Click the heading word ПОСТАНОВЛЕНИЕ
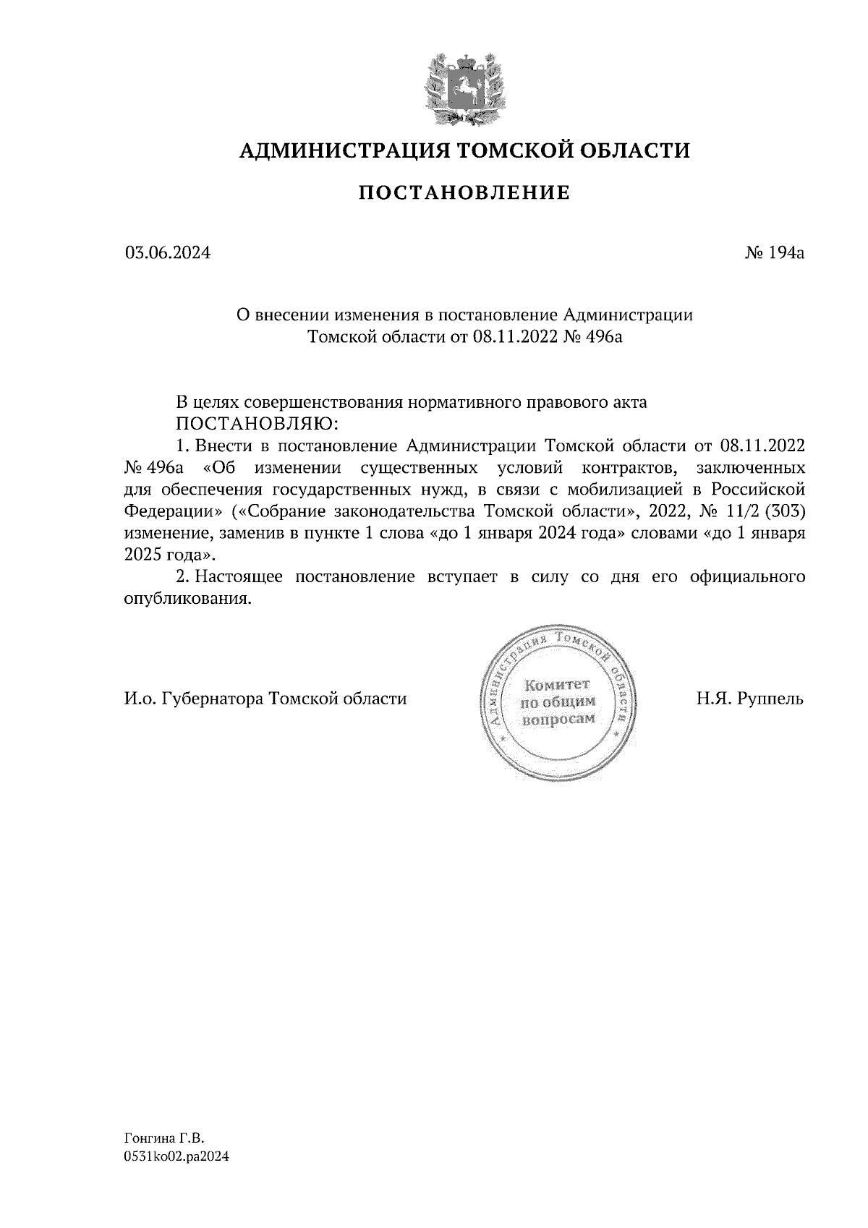point(465,193)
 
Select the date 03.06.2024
point(168,253)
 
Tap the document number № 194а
point(775,253)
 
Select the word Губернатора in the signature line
point(213,699)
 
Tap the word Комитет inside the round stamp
point(557,684)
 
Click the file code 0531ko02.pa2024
point(176,1157)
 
